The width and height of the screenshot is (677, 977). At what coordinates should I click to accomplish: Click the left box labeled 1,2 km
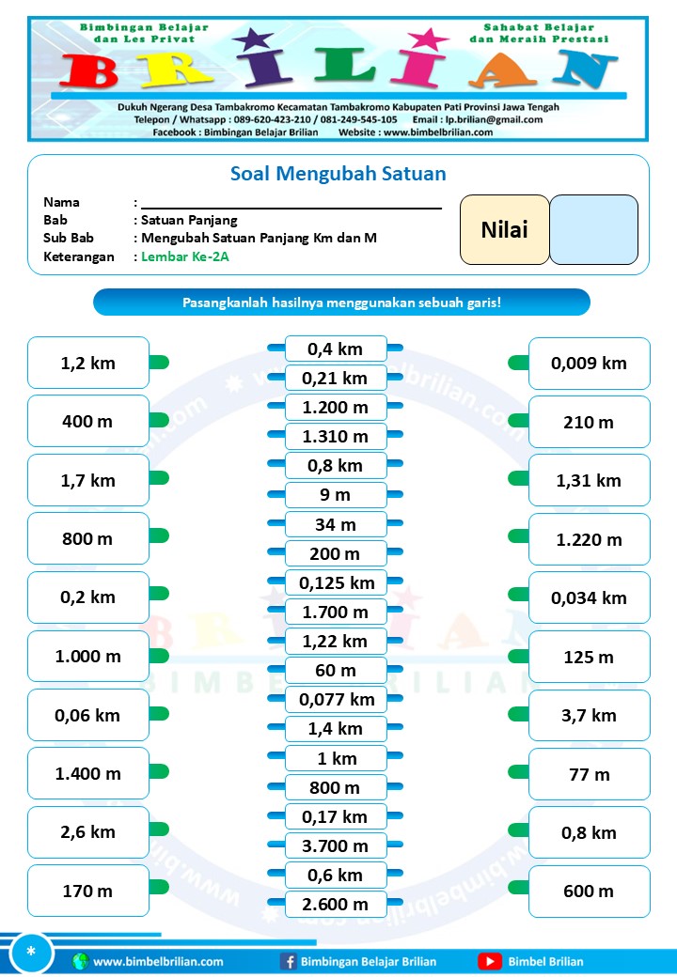(x=88, y=363)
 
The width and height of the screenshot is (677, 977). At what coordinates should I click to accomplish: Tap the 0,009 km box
(x=589, y=363)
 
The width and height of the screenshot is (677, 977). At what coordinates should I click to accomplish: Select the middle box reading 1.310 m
(x=336, y=437)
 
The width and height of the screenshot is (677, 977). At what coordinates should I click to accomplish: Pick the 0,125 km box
(x=336, y=582)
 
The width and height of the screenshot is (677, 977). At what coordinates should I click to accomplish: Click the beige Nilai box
(x=504, y=229)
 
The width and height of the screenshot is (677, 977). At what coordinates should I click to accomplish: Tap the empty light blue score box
(x=593, y=229)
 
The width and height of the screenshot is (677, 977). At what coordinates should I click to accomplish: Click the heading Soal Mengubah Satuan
(x=338, y=174)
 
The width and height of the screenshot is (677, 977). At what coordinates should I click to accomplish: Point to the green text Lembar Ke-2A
(x=185, y=256)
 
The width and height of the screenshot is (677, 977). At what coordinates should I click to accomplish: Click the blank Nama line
(x=291, y=202)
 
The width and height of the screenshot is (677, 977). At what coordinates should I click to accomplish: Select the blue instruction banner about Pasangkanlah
(x=341, y=302)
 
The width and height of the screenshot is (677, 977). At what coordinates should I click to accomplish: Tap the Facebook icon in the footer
(x=288, y=961)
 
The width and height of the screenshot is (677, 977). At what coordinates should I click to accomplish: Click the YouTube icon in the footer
(x=489, y=961)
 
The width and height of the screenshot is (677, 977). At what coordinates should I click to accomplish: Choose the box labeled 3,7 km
(x=589, y=715)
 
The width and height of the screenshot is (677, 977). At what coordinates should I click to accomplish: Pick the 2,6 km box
(x=88, y=832)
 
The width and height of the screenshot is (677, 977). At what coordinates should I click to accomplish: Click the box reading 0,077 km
(x=336, y=700)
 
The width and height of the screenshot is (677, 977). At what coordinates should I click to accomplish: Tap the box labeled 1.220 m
(x=589, y=539)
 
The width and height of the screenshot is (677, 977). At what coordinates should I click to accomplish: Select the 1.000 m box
(x=88, y=657)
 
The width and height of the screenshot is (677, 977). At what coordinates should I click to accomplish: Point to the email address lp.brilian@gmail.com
(x=491, y=119)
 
